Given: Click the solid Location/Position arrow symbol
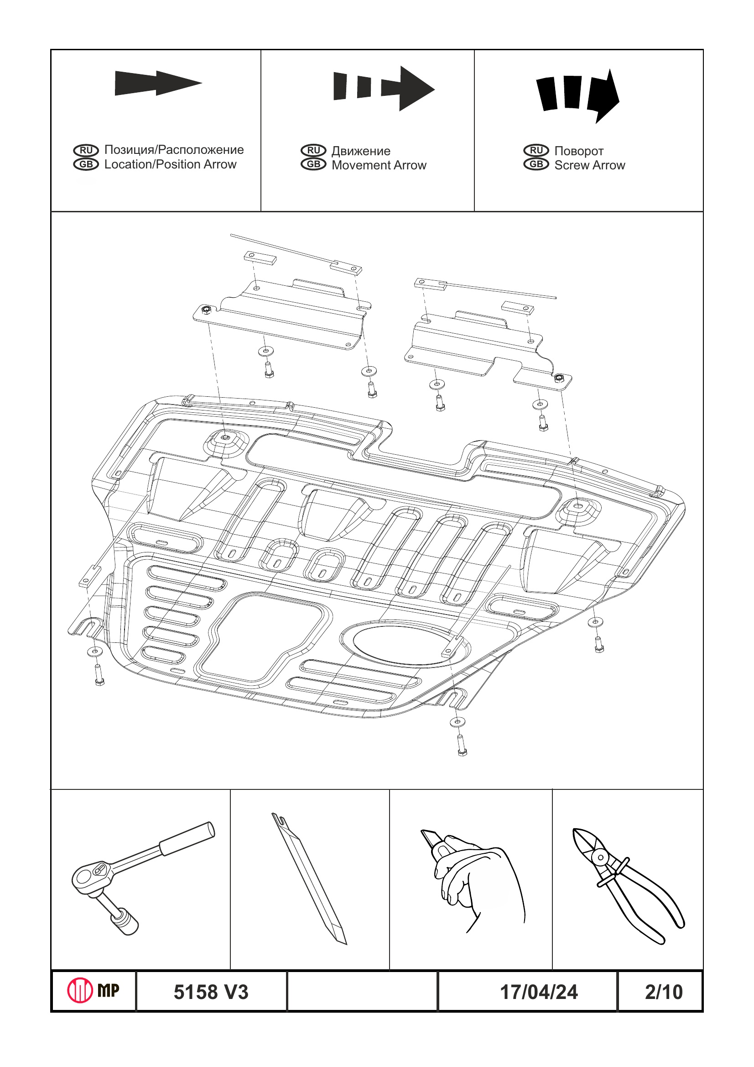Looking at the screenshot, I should tap(158, 83).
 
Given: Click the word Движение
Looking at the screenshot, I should tap(361, 151).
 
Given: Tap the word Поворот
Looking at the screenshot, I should tap(578, 151).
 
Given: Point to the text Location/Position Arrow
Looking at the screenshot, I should tap(170, 164).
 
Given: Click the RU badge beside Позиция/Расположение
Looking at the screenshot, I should tap(86, 150).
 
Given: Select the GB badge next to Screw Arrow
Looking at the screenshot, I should tap(536, 164).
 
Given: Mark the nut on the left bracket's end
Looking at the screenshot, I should tap(206, 309).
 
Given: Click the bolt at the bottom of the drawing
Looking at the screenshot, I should tap(462, 750).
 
